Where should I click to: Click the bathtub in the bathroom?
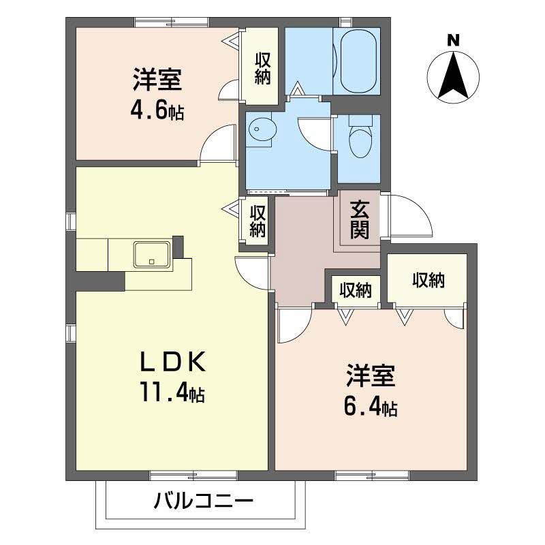[358, 61]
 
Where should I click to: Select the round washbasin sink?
[263, 129]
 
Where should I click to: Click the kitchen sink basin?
[152, 255]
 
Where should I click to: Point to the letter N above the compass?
[453, 40]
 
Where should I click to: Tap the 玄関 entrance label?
[360, 219]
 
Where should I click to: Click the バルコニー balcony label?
[203, 501]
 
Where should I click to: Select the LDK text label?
[173, 362]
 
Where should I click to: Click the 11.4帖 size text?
[172, 392]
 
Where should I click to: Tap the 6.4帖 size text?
[371, 406]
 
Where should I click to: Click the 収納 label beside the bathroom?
[263, 69]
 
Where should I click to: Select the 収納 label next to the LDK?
[258, 221]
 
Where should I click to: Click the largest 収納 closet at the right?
[427, 280]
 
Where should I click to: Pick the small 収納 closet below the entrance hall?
[356, 290]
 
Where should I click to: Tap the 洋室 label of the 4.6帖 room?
[157, 80]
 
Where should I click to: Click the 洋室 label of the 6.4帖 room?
[371, 376]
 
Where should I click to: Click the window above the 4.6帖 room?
[172, 22]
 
